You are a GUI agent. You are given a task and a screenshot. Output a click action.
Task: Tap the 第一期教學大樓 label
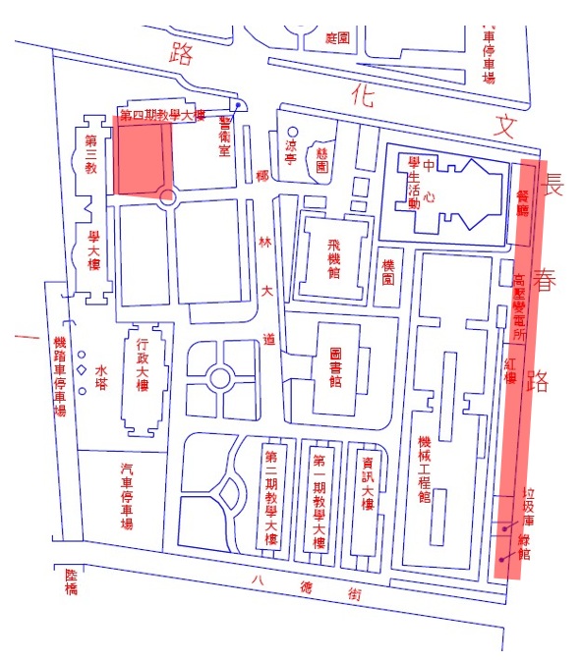319,501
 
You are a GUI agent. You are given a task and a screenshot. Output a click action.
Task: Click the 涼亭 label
290,151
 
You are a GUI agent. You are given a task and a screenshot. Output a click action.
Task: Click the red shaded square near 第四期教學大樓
144,156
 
